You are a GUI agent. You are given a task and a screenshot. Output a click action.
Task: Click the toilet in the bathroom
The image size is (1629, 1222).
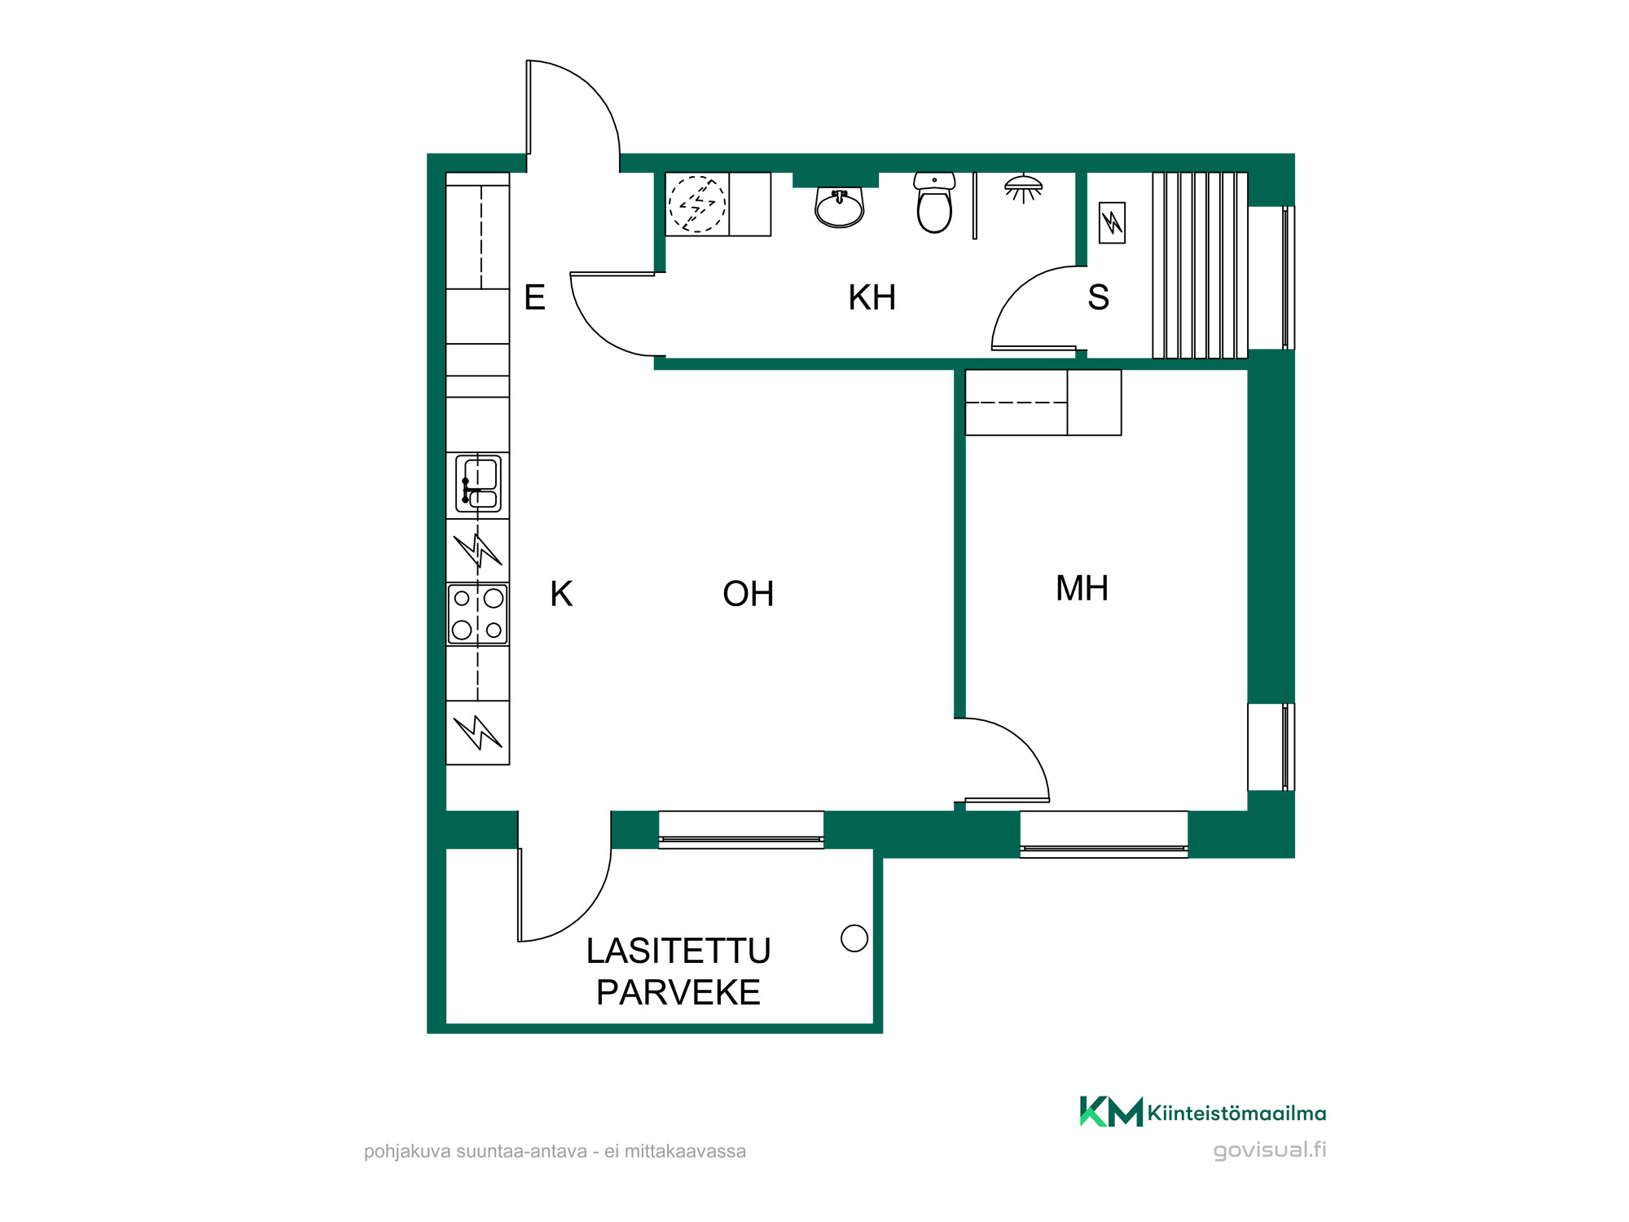click(934, 203)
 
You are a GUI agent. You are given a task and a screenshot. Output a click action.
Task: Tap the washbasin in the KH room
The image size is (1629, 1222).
click(839, 207)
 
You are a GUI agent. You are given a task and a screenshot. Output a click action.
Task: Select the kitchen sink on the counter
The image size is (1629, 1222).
click(478, 484)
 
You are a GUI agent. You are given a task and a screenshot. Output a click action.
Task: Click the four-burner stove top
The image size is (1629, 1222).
click(478, 614)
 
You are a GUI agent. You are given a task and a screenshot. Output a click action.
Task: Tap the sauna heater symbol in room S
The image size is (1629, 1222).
click(1112, 222)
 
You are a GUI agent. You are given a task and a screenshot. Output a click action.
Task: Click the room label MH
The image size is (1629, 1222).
click(1082, 588)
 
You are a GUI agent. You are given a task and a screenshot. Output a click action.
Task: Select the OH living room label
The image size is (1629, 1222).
click(748, 594)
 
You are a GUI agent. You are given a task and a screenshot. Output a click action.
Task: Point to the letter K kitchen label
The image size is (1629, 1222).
click(561, 594)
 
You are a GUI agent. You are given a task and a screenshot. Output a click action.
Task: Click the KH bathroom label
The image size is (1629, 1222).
click(872, 297)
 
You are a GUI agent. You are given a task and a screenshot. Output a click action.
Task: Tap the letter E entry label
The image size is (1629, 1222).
click(534, 297)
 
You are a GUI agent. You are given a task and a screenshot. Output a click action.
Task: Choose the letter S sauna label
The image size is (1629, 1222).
click(1098, 297)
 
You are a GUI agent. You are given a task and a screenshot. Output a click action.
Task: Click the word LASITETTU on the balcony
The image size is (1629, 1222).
click(678, 951)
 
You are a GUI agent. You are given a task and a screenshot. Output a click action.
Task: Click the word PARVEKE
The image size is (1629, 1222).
click(678, 992)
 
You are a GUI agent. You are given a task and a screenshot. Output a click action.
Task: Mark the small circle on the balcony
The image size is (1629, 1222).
click(854, 938)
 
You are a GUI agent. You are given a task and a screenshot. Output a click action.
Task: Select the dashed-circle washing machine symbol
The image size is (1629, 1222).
click(697, 204)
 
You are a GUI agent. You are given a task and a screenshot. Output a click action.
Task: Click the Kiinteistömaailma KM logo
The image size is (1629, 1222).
click(1203, 1112)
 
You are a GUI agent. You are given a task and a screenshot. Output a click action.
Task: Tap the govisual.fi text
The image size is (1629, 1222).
click(1270, 1149)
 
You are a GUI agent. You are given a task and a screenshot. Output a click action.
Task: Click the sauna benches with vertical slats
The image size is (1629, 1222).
click(1200, 265)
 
